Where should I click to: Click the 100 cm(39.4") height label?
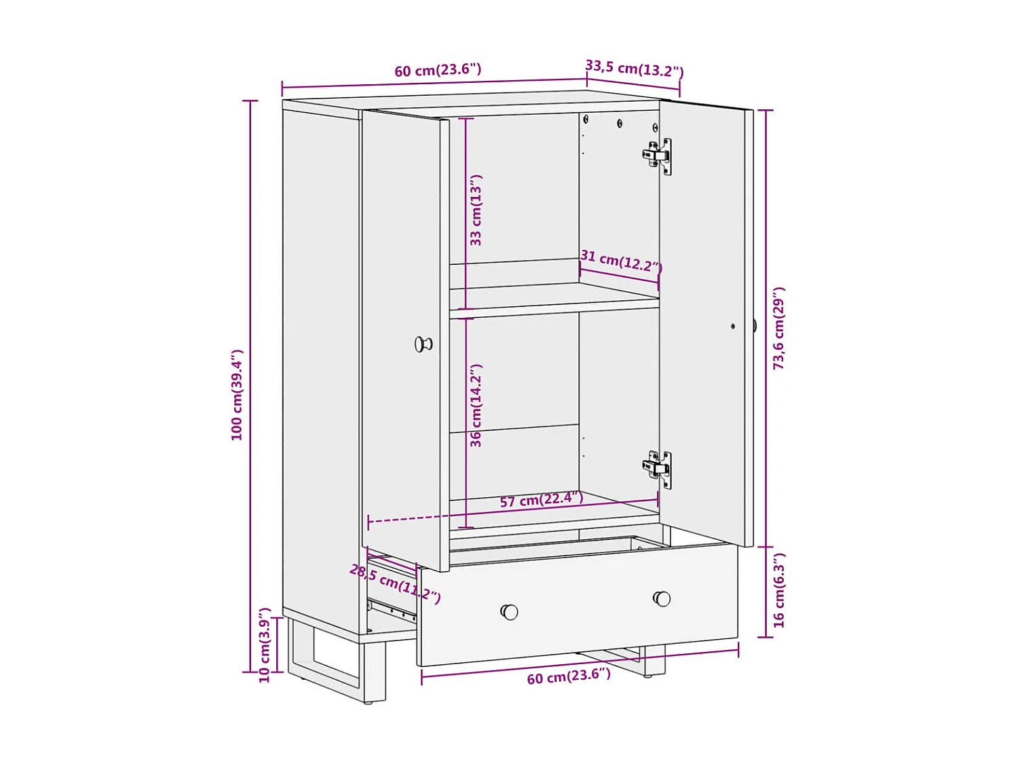pyautogui.click(x=237, y=395)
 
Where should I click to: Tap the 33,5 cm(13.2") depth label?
pyautogui.click(x=634, y=69)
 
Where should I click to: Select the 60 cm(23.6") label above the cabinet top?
pyautogui.click(x=438, y=70)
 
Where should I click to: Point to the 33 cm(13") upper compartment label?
pyautogui.click(x=476, y=210)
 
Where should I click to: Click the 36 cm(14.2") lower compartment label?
pyautogui.click(x=476, y=405)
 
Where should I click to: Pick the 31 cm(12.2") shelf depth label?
pyautogui.click(x=620, y=261)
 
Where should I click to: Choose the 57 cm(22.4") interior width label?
pyautogui.click(x=541, y=500)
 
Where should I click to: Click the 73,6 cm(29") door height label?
pyautogui.click(x=778, y=328)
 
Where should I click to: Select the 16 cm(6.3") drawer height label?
pyautogui.click(x=778, y=590)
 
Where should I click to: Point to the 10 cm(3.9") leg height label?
pyautogui.click(x=265, y=645)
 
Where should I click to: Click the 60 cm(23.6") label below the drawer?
pyautogui.click(x=569, y=676)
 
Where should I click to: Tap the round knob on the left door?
pyautogui.click(x=423, y=344)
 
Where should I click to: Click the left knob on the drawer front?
pyautogui.click(x=509, y=612)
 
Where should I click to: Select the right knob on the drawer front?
pyautogui.click(x=662, y=598)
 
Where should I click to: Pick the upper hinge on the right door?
pyautogui.click(x=657, y=156)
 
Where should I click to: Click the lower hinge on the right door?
pyautogui.click(x=657, y=468)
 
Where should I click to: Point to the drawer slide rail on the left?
pyautogui.click(x=392, y=609)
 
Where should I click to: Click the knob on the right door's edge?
pyautogui.click(x=755, y=325)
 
